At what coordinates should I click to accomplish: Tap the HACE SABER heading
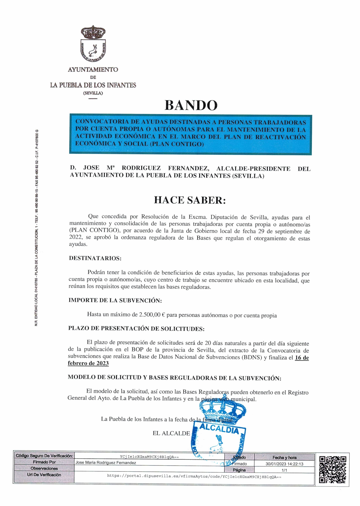pyautogui.click(x=190, y=200)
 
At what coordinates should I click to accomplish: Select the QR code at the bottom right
pyautogui.click(x=333, y=469)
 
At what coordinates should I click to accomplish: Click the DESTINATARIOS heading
pyautogui.click(x=95, y=258)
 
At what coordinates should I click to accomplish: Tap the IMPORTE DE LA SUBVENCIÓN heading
pyautogui.click(x=115, y=300)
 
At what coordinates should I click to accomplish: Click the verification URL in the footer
pyautogui.click(x=194, y=476)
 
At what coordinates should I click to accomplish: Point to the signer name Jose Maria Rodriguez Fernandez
pyautogui.click(x=106, y=463)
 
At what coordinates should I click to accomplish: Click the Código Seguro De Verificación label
pyautogui.click(x=44, y=456)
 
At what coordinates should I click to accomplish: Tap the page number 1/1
pyautogui.click(x=284, y=470)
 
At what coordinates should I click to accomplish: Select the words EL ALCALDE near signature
pyautogui.click(x=171, y=433)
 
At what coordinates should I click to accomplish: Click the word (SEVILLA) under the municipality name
pyautogui.click(x=93, y=93)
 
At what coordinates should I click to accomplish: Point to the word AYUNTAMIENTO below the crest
pyautogui.click(x=93, y=70)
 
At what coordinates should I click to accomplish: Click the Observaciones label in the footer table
pyautogui.click(x=44, y=468)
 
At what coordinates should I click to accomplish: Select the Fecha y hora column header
pyautogui.click(x=284, y=457)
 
